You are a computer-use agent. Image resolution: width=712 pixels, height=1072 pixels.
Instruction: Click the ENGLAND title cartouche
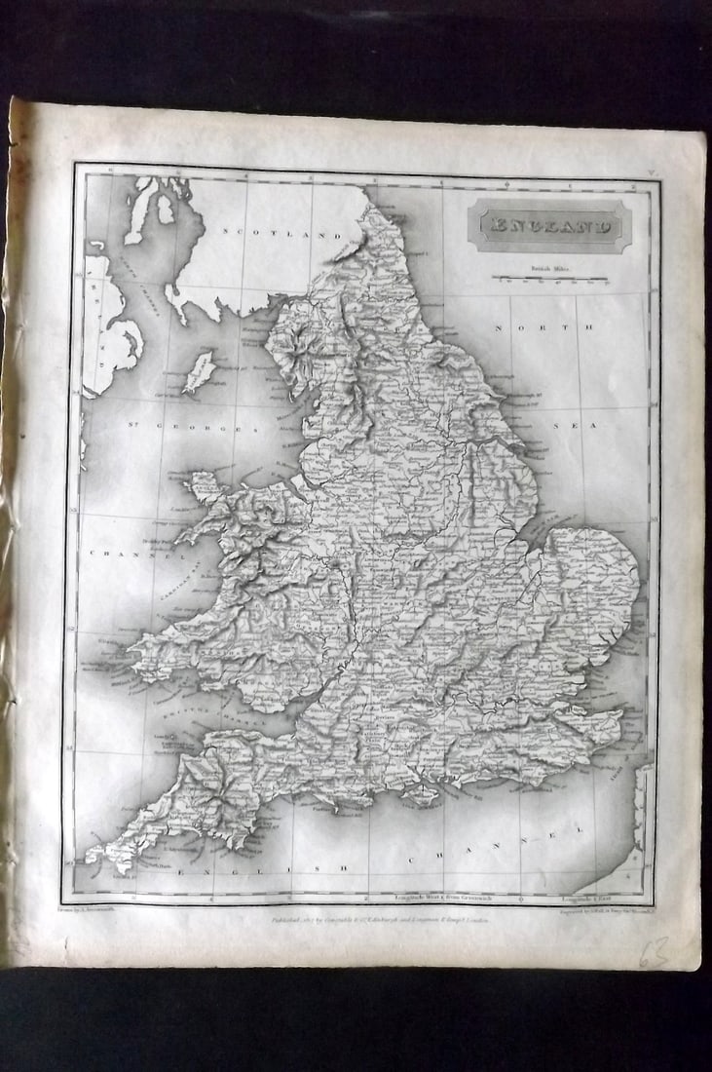(x=550, y=226)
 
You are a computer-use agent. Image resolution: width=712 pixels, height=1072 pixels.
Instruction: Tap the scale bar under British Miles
(x=550, y=279)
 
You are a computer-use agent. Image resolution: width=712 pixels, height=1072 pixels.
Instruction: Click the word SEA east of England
(x=611, y=426)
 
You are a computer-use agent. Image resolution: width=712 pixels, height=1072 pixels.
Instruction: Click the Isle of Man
(x=199, y=372)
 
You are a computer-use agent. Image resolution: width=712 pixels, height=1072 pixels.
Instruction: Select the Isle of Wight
(x=422, y=795)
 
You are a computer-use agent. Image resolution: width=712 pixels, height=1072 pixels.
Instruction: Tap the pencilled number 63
(x=655, y=949)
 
